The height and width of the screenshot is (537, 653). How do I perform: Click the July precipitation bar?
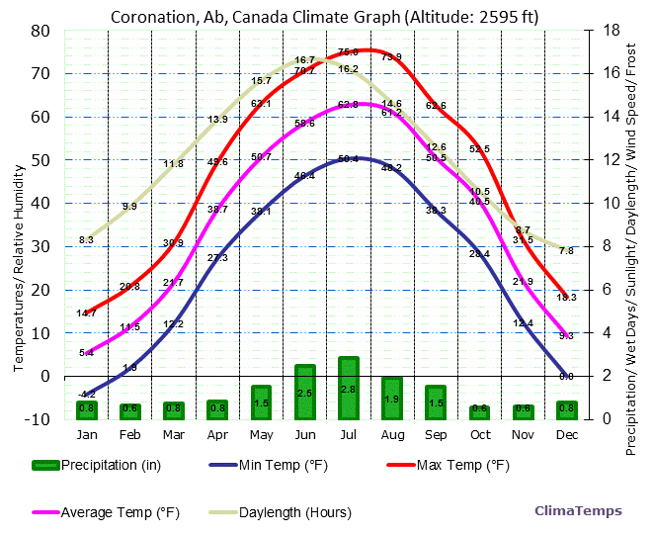point(348,388)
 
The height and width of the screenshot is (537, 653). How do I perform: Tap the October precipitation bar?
point(479,411)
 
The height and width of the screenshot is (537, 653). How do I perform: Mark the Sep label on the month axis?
point(436,434)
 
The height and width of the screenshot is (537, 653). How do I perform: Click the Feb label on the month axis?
point(129,434)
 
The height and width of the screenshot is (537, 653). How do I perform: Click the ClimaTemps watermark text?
point(578,511)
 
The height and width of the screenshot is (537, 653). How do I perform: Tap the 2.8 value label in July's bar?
point(348,390)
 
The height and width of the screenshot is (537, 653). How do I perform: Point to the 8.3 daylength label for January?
point(86,240)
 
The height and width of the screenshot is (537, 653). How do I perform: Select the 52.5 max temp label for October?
point(479,149)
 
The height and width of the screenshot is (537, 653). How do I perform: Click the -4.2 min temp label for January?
point(87,395)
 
